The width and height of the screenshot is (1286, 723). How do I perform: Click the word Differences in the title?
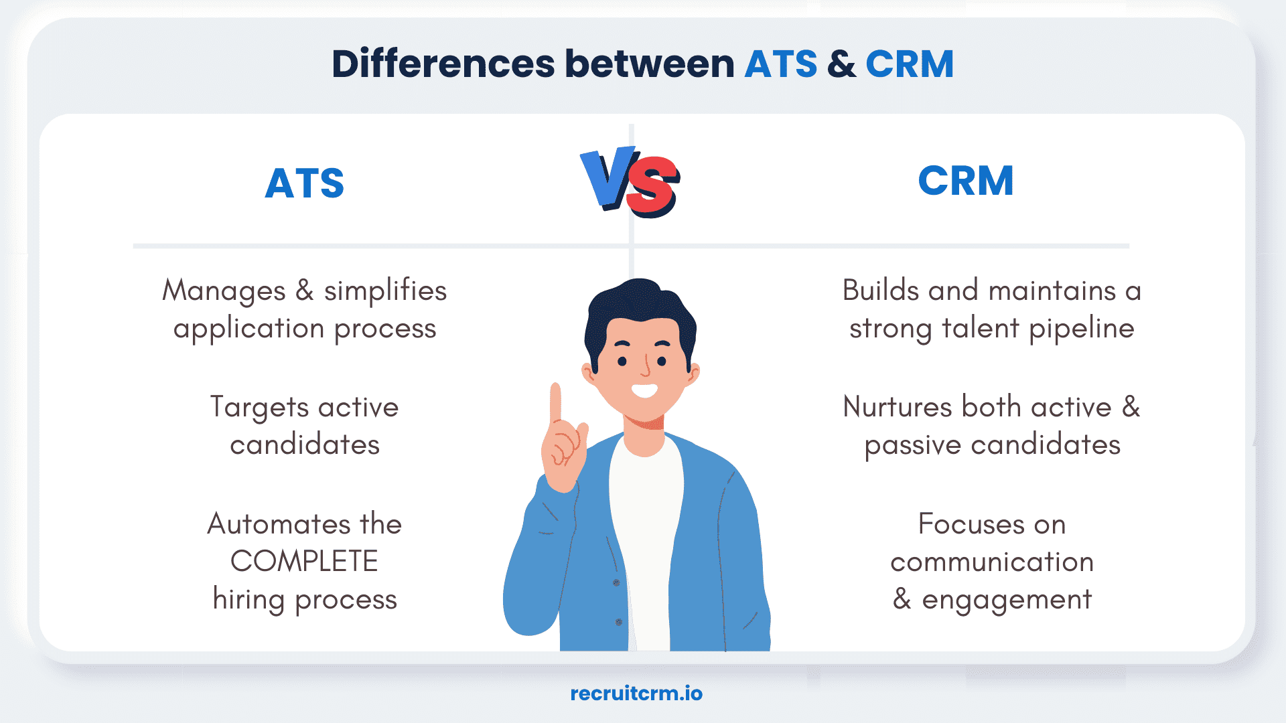pyautogui.click(x=443, y=64)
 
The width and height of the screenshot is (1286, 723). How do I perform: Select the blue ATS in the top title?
pyautogui.click(x=781, y=64)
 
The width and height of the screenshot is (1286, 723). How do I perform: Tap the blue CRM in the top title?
pyautogui.click(x=909, y=64)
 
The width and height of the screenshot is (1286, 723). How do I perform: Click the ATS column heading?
pyautogui.click(x=304, y=183)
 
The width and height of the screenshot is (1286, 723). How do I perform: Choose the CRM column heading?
pyautogui.click(x=965, y=181)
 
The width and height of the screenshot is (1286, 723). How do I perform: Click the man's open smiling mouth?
pyautogui.click(x=644, y=390)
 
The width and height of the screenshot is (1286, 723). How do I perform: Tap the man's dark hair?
pyautogui.click(x=640, y=305)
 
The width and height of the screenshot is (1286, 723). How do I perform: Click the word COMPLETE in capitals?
pyautogui.click(x=304, y=562)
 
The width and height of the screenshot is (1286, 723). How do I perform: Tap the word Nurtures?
pyautogui.click(x=898, y=407)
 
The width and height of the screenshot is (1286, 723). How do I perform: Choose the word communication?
pyautogui.click(x=991, y=562)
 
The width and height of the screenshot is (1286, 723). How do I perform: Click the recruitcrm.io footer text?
pyautogui.click(x=636, y=694)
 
